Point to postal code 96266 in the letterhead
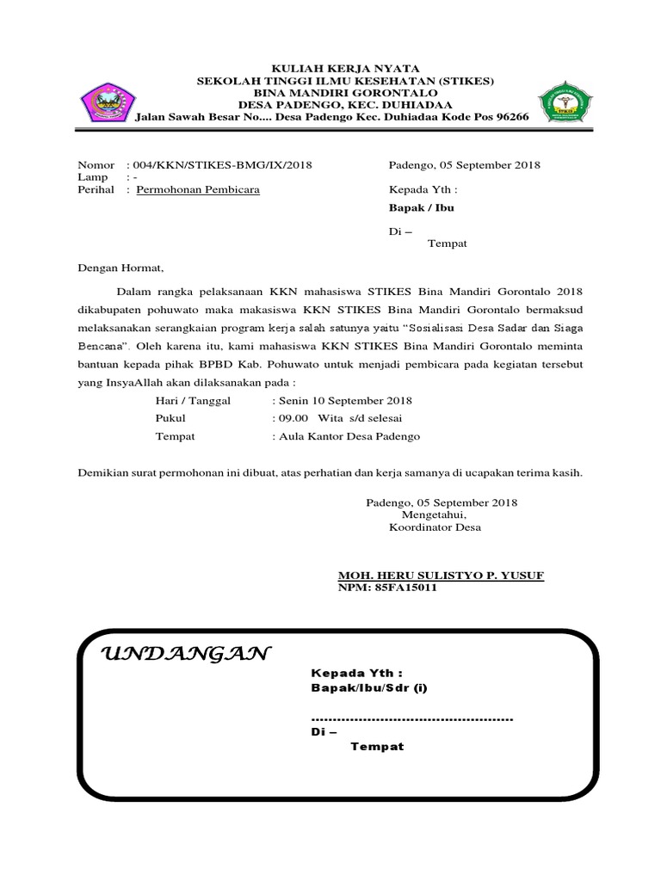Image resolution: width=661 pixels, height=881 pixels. tap(508, 117)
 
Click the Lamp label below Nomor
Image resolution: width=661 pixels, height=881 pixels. tap(93, 176)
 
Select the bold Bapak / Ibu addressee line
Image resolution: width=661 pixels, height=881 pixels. tap(422, 208)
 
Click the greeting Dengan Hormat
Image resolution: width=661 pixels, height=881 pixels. tap(120, 268)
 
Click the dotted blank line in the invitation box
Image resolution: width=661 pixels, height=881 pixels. tap(411, 718)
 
